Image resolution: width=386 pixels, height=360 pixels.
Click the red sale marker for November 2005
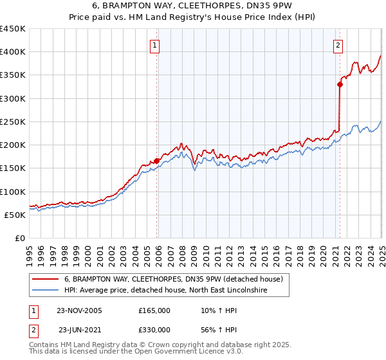point(157,161)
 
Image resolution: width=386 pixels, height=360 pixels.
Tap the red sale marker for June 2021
point(340,84)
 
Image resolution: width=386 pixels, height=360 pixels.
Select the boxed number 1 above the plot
point(156,45)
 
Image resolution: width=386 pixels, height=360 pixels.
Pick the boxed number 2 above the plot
point(338,45)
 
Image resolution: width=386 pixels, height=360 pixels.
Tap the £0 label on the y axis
point(19,238)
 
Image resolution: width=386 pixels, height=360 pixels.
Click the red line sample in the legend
point(45,279)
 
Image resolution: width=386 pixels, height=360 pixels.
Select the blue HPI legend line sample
point(45,291)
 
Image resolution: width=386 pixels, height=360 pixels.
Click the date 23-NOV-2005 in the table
point(80,310)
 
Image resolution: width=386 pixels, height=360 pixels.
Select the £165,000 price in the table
point(154,310)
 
